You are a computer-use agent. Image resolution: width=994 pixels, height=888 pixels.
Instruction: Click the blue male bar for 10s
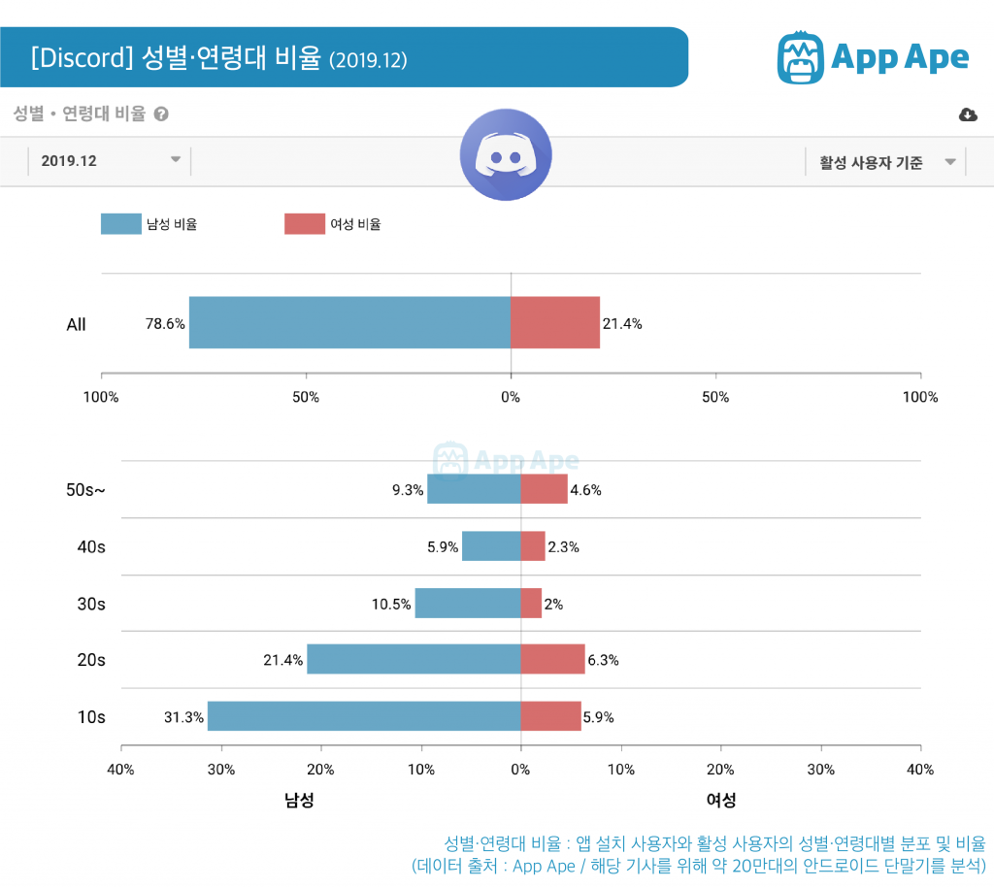pyautogui.click(x=364, y=716)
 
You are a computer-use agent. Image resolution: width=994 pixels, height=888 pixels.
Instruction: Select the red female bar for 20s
pyautogui.click(x=552, y=659)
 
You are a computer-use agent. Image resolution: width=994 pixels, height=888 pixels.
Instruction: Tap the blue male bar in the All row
pyautogui.click(x=349, y=322)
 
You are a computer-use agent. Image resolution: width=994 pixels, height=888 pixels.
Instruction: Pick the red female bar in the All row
pyautogui.click(x=554, y=322)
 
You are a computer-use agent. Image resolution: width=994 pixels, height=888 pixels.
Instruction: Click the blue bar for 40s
pyautogui.click(x=491, y=546)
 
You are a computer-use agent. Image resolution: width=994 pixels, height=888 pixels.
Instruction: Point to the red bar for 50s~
pyautogui.click(x=544, y=489)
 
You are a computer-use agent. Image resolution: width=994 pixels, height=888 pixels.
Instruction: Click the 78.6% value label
pyautogui.click(x=165, y=324)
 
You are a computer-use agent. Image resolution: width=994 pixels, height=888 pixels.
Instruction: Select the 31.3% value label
pyautogui.click(x=183, y=717)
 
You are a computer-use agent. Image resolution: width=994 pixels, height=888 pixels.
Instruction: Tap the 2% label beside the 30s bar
pyautogui.click(x=553, y=604)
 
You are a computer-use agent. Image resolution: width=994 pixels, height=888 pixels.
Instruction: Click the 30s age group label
pyautogui.click(x=91, y=604)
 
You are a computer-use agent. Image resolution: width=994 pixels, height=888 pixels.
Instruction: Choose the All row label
pyautogui.click(x=76, y=324)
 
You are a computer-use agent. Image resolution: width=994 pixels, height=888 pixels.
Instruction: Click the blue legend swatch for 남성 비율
pyautogui.click(x=121, y=224)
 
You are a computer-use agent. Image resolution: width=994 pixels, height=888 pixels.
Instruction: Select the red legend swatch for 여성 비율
pyautogui.click(x=304, y=224)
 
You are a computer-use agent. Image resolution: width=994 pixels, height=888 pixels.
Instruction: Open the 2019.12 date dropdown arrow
pyautogui.click(x=176, y=160)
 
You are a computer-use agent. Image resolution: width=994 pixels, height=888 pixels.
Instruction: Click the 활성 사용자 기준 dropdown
pyautogui.click(x=885, y=162)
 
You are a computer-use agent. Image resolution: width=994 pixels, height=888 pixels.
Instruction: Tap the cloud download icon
pyautogui.click(x=968, y=115)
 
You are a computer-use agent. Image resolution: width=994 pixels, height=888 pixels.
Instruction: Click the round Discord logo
pyautogui.click(x=506, y=155)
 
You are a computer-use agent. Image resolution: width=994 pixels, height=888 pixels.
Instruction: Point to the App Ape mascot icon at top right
pyautogui.click(x=800, y=57)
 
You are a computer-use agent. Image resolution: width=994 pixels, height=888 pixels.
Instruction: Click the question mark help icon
pyautogui.click(x=161, y=114)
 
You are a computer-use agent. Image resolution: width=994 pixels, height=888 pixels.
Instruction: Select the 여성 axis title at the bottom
pyautogui.click(x=720, y=800)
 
